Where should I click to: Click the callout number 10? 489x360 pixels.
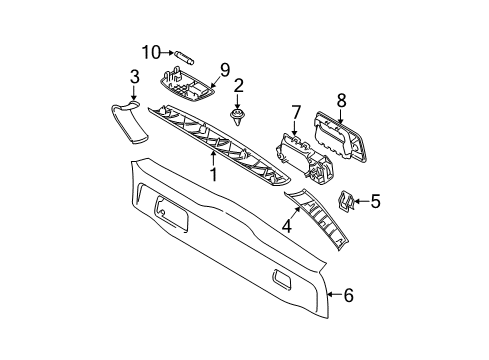pyautogui.click(x=151, y=52)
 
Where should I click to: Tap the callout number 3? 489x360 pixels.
pyautogui.click(x=134, y=77)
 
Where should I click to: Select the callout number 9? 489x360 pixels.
pyautogui.click(x=224, y=70)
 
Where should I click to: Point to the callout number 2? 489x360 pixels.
pyautogui.click(x=238, y=86)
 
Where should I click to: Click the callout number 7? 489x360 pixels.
pyautogui.click(x=296, y=113)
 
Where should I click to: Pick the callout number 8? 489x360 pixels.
pyautogui.click(x=341, y=100)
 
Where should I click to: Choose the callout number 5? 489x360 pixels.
pyautogui.click(x=375, y=201)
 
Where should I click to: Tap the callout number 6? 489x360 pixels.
pyautogui.click(x=348, y=295)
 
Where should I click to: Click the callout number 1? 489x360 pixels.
pyautogui.click(x=213, y=174)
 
